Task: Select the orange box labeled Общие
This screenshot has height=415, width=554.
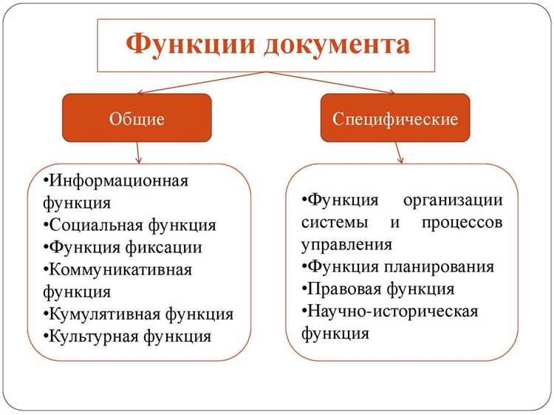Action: [x=137, y=118]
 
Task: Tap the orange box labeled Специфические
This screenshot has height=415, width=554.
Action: [x=395, y=118]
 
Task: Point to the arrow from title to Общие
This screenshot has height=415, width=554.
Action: [x=199, y=83]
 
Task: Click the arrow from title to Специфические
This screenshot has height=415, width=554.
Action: [x=332, y=83]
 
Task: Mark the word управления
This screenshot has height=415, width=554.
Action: [x=346, y=244]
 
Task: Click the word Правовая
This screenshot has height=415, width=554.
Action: [x=341, y=289]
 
